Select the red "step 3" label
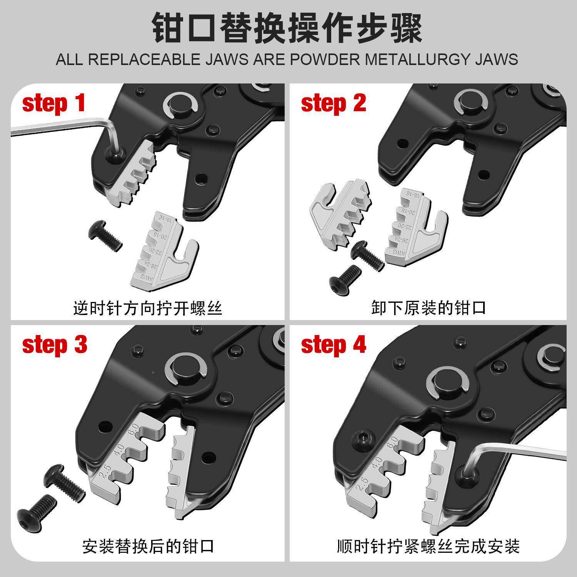55,344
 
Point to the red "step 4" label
334,344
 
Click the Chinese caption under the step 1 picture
148,308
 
